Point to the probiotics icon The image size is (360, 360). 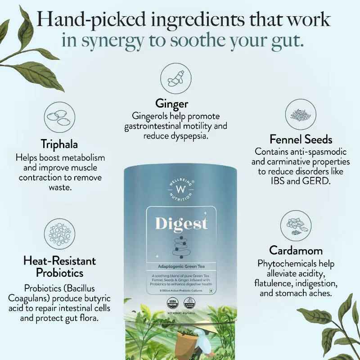click(60, 234)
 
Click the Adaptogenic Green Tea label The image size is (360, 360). click(180, 266)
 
